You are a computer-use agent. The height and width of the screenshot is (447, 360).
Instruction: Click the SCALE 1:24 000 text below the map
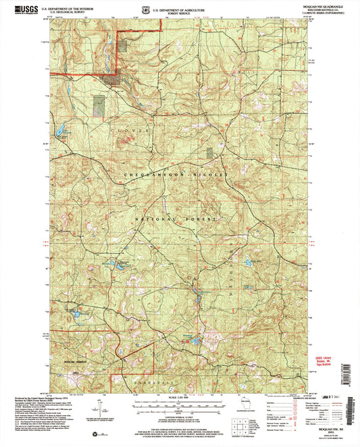pyautogui.click(x=180, y=397)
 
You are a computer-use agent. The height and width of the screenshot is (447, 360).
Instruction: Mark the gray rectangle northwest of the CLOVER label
pyautogui.click(x=99, y=105)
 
